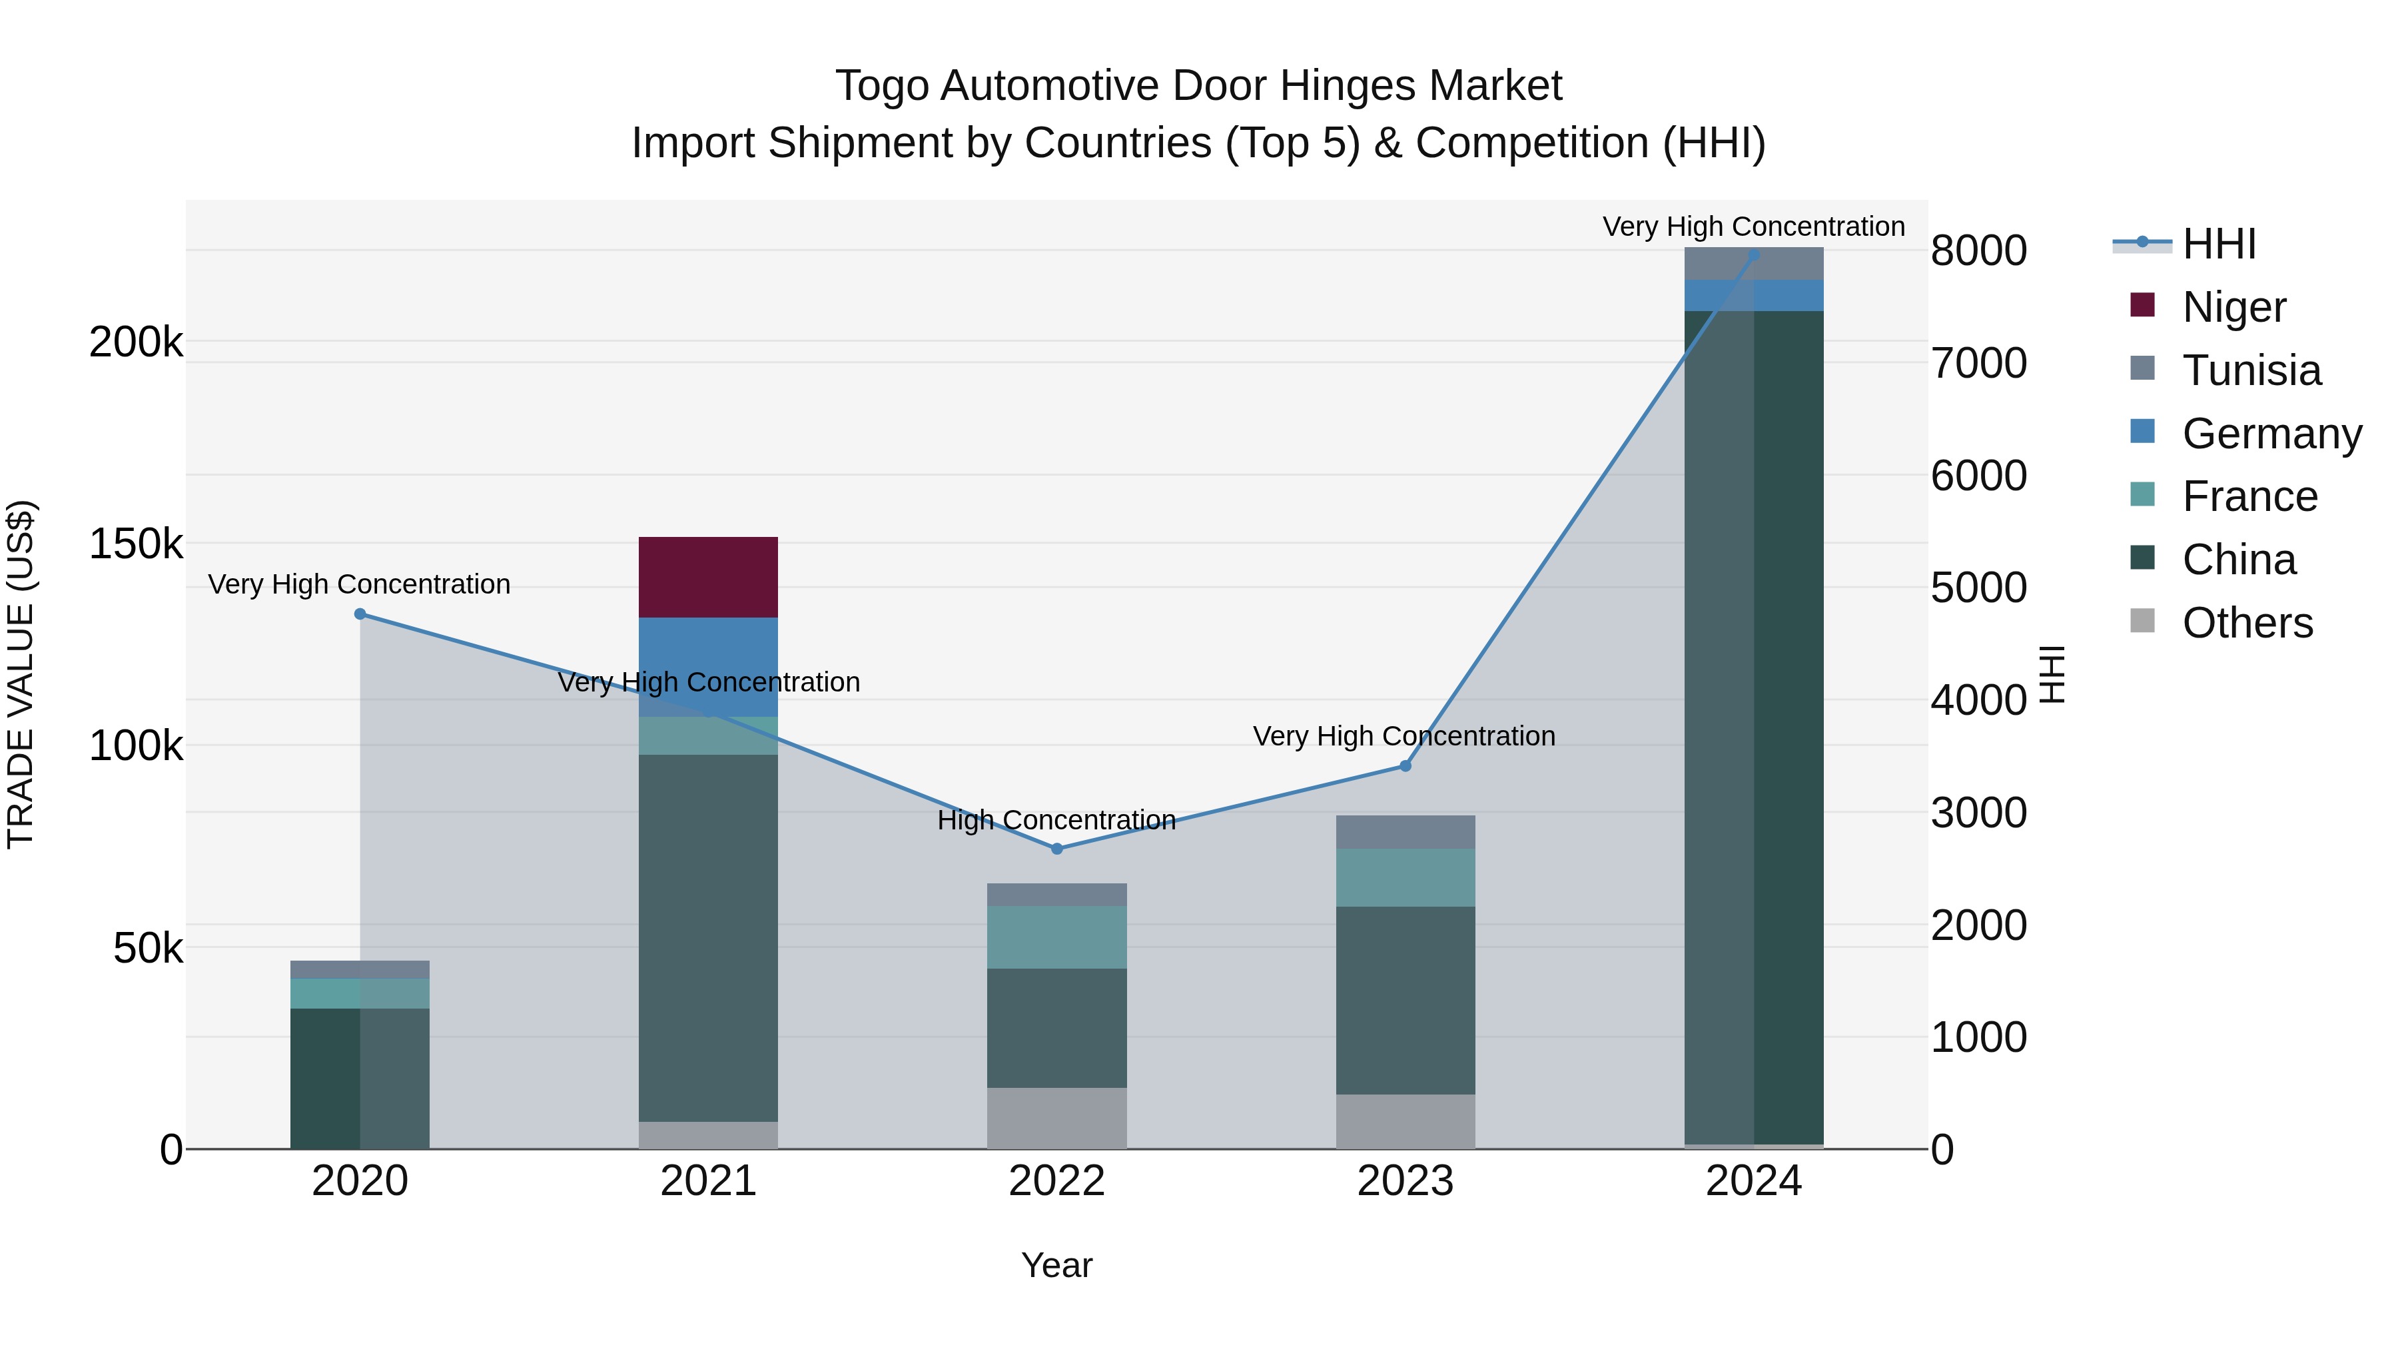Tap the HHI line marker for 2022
tap(1056, 848)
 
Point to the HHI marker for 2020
tap(360, 614)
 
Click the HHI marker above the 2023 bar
tap(1405, 765)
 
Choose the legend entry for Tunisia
tap(2250, 370)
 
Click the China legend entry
tap(2238, 560)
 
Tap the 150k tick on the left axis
tap(136, 544)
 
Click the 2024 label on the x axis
tap(1753, 1181)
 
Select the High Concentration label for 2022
tap(1056, 820)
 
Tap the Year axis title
tap(1056, 1265)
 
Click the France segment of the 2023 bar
tap(1405, 877)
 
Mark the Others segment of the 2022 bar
tap(1056, 1117)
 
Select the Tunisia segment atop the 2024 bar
tap(1754, 263)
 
